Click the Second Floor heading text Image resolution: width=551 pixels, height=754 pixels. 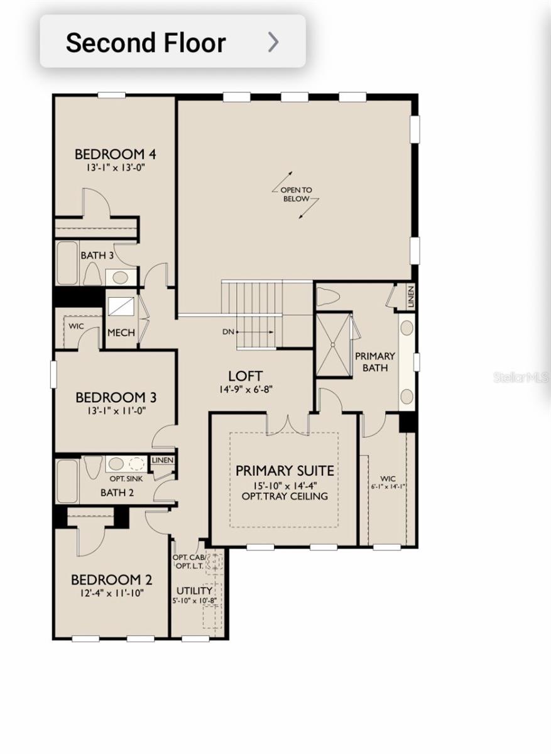click(146, 43)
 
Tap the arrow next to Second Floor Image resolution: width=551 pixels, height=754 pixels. click(273, 42)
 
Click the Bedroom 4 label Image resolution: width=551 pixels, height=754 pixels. click(115, 155)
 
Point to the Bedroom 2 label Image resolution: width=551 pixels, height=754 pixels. click(111, 579)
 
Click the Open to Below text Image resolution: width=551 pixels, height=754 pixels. click(296, 194)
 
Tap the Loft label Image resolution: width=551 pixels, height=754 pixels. click(245, 376)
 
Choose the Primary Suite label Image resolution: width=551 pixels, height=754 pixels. click(285, 471)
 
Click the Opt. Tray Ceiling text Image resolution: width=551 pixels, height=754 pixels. click(285, 496)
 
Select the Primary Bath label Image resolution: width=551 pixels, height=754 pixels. click(375, 361)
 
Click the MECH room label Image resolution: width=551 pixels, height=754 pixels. click(121, 332)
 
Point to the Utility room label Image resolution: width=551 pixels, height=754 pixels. click(194, 591)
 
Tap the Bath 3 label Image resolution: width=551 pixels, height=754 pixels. click(97, 256)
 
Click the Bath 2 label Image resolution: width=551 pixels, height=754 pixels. click(117, 492)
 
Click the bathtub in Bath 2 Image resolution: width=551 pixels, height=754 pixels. click(67, 481)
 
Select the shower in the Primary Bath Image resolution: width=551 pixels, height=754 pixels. click(333, 344)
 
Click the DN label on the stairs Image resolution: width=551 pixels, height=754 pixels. click(228, 331)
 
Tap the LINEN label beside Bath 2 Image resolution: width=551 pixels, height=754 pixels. click(162, 461)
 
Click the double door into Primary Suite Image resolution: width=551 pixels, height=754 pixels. click(287, 425)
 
